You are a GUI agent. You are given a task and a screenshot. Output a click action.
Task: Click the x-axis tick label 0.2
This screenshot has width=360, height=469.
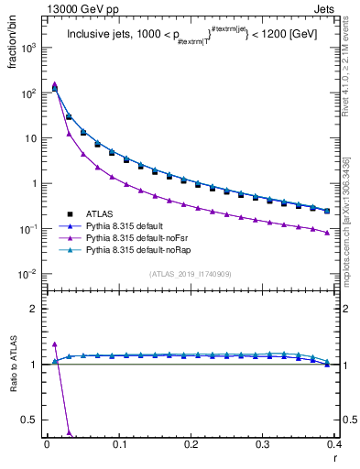pyautogui.click(x=191, y=443)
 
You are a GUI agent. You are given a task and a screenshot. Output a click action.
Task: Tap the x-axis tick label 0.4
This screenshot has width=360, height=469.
pyautogui.click(x=334, y=443)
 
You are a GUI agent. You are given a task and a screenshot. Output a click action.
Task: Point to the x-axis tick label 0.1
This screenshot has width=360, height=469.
pyautogui.click(x=119, y=443)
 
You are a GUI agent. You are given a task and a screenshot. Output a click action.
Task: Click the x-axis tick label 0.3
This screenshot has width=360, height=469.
pyautogui.click(x=263, y=443)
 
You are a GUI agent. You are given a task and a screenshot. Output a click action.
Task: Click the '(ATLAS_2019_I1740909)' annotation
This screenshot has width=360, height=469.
pyautogui.click(x=191, y=274)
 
